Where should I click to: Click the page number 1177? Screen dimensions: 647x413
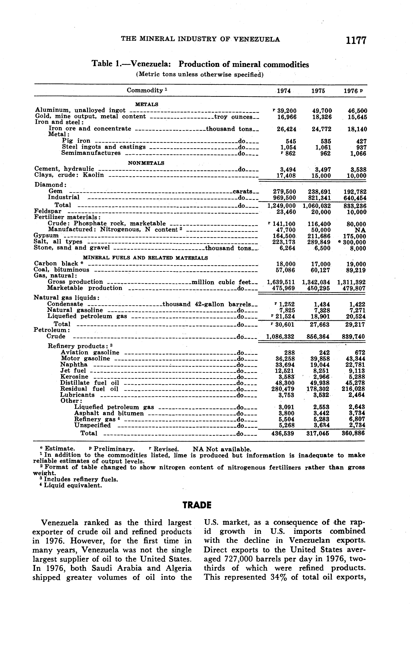tap(356, 40)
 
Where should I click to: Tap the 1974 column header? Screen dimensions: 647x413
tap(284, 91)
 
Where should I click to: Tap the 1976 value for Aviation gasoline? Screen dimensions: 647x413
tap(360, 353)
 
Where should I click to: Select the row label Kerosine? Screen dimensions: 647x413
tap(74, 377)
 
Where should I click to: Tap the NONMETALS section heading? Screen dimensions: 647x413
tap(146, 163)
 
